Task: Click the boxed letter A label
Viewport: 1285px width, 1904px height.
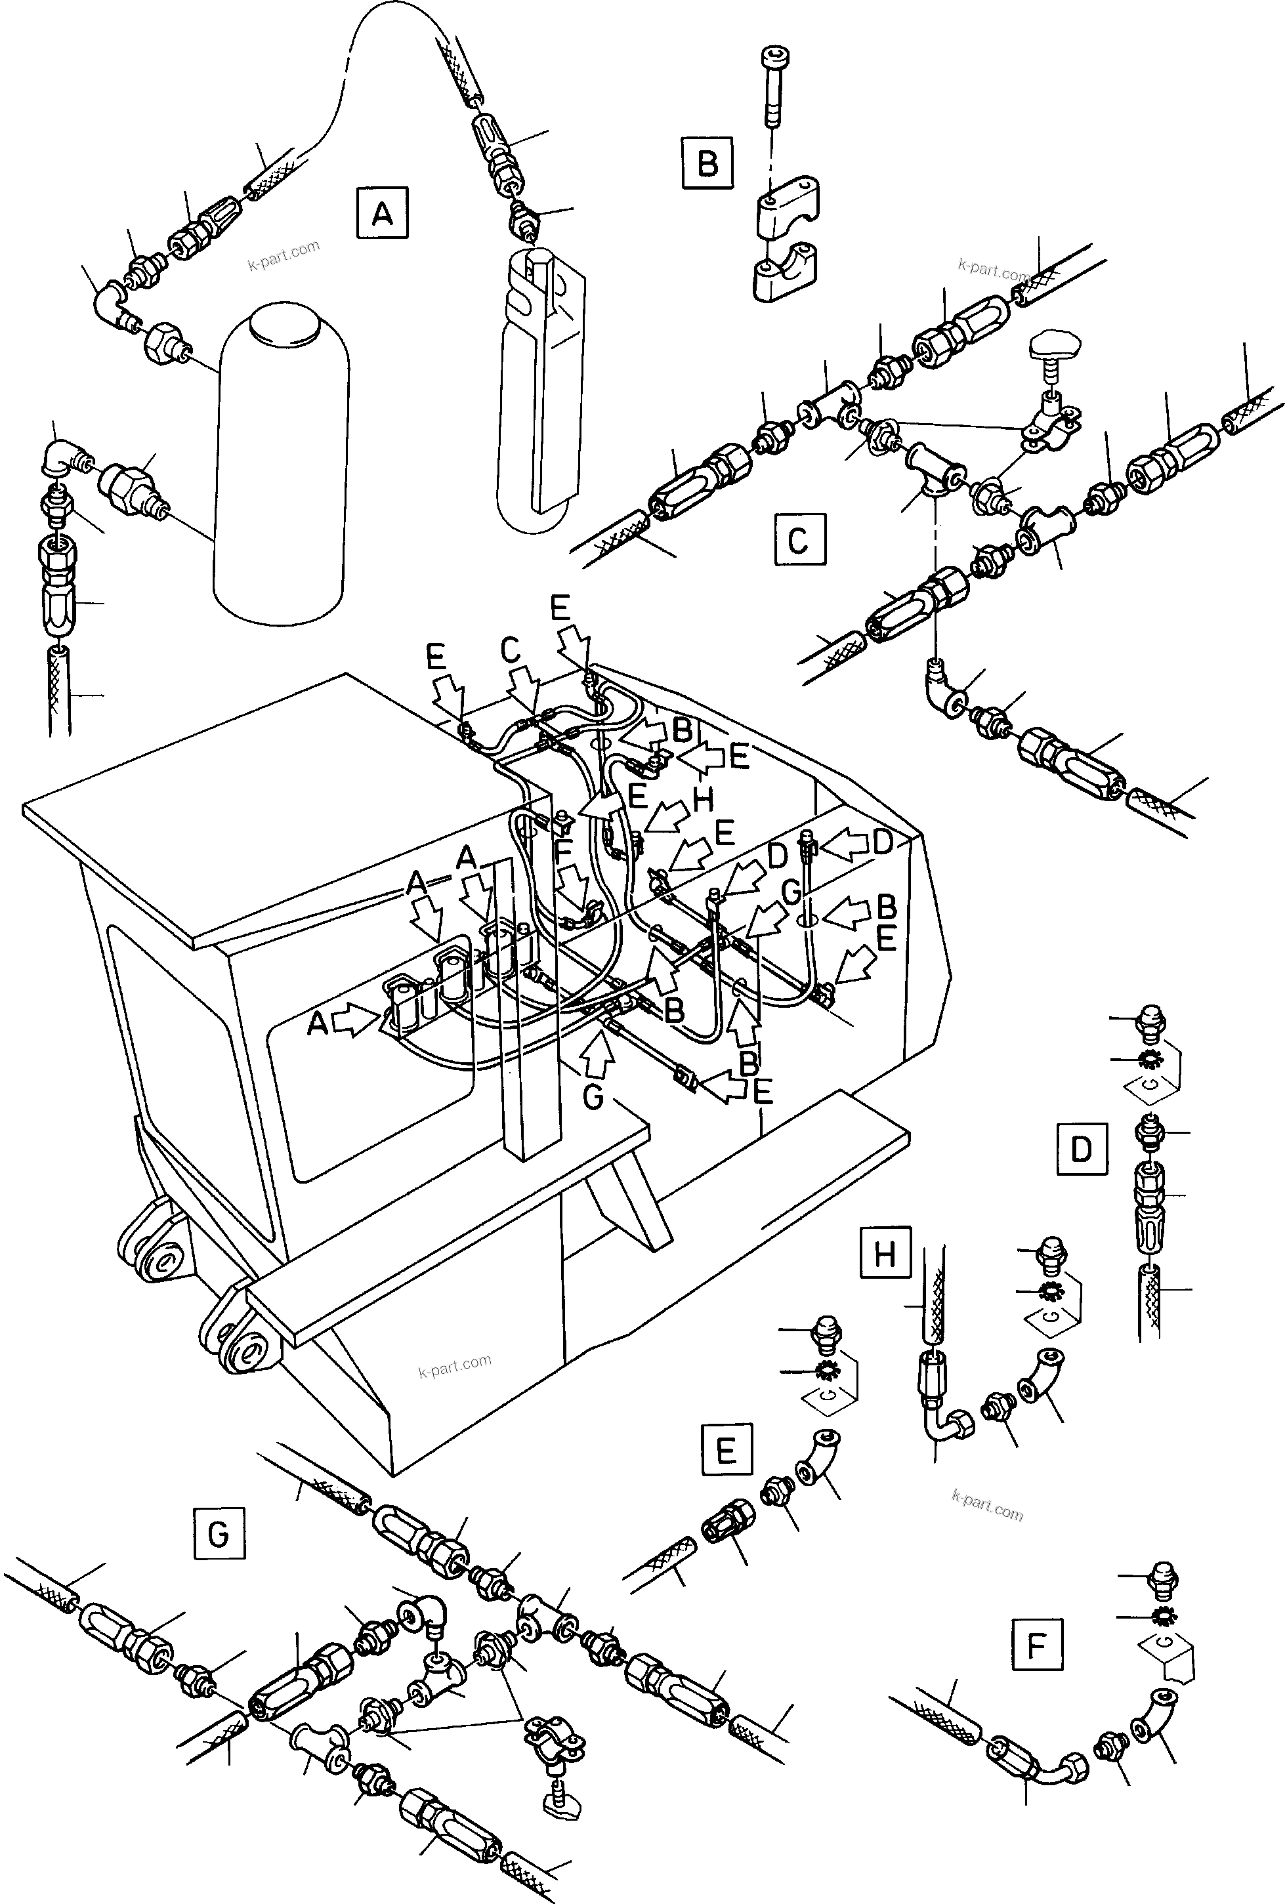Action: (382, 214)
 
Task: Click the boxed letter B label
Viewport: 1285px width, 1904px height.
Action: (706, 163)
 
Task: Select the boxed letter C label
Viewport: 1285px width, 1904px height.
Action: (799, 540)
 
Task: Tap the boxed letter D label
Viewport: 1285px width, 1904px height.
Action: (1081, 1149)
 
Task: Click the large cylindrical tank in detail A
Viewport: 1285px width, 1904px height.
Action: (279, 459)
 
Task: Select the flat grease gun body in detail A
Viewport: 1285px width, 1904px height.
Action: (541, 385)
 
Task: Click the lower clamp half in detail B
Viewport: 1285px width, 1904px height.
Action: (787, 279)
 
